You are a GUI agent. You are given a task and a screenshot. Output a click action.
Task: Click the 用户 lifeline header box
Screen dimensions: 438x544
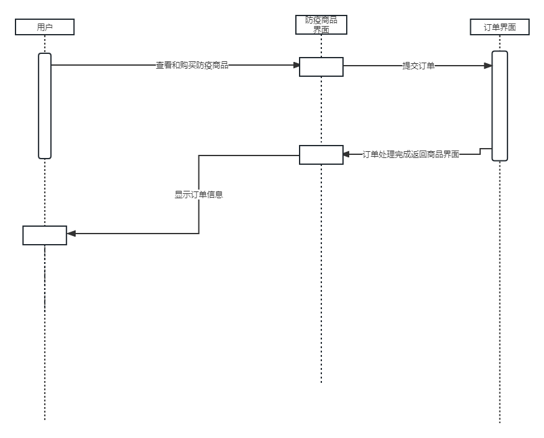(45, 27)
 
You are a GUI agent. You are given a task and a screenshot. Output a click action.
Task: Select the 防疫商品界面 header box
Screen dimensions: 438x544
(321, 25)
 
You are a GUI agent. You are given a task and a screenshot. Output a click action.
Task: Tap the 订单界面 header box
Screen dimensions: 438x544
(499, 27)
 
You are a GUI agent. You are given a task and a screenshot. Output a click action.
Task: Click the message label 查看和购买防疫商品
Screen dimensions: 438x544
(192, 65)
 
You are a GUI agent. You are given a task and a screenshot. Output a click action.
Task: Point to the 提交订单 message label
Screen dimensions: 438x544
(418, 66)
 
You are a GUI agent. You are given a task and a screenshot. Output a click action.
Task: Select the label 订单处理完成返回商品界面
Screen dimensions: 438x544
(411, 154)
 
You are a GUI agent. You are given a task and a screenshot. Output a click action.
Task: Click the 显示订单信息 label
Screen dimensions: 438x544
(198, 195)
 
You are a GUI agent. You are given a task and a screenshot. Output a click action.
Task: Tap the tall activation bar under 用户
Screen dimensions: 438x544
(45, 105)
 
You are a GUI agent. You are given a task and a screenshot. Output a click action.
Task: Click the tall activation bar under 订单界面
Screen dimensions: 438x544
(499, 105)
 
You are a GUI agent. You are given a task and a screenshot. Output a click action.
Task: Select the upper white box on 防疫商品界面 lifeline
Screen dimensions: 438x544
(321, 67)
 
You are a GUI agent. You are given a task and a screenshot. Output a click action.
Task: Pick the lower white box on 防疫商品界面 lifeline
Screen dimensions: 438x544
(321, 155)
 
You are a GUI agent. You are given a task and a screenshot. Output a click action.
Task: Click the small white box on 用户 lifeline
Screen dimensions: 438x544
(45, 235)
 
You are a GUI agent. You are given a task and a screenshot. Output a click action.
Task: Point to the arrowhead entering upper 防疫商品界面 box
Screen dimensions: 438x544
(296, 65)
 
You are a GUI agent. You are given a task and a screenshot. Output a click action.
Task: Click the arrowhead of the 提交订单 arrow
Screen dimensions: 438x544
(488, 66)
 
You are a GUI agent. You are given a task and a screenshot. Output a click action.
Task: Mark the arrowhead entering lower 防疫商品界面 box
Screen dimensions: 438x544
(347, 154)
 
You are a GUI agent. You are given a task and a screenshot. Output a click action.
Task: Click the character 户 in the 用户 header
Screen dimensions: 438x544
(49, 27)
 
